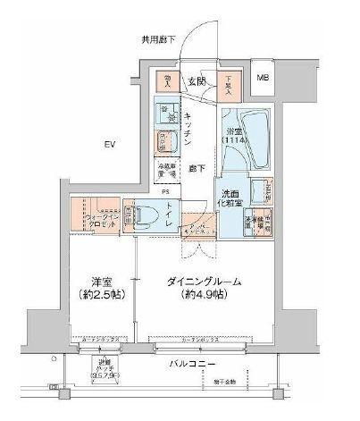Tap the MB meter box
[264, 79]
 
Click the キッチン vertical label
[190, 130]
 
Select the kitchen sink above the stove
[166, 113]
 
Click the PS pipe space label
[165, 190]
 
